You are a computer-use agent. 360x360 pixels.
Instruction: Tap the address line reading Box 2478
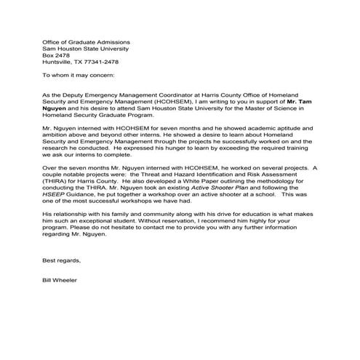pos(57,54)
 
